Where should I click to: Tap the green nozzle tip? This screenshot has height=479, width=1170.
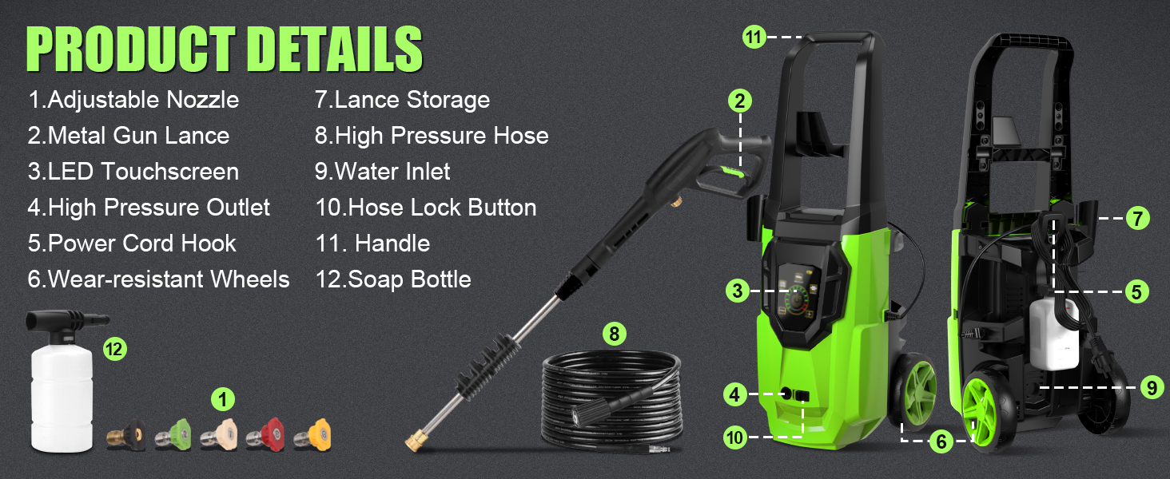tap(173, 436)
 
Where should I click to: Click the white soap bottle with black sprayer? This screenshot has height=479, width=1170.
tap(61, 383)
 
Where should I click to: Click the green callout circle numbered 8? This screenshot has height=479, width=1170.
tap(614, 334)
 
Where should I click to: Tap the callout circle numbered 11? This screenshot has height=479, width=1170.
tap(754, 37)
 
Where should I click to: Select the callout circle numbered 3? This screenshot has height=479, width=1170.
tap(738, 291)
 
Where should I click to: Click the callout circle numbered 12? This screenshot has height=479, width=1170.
tap(115, 349)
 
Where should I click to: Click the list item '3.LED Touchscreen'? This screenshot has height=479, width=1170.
tap(133, 172)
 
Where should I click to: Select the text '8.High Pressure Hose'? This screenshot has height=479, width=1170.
tap(432, 136)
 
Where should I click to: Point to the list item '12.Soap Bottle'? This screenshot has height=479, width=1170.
tap(392, 279)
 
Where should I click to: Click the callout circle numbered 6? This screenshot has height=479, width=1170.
tap(940, 441)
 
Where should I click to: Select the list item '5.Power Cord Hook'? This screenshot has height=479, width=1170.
tap(132, 243)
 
